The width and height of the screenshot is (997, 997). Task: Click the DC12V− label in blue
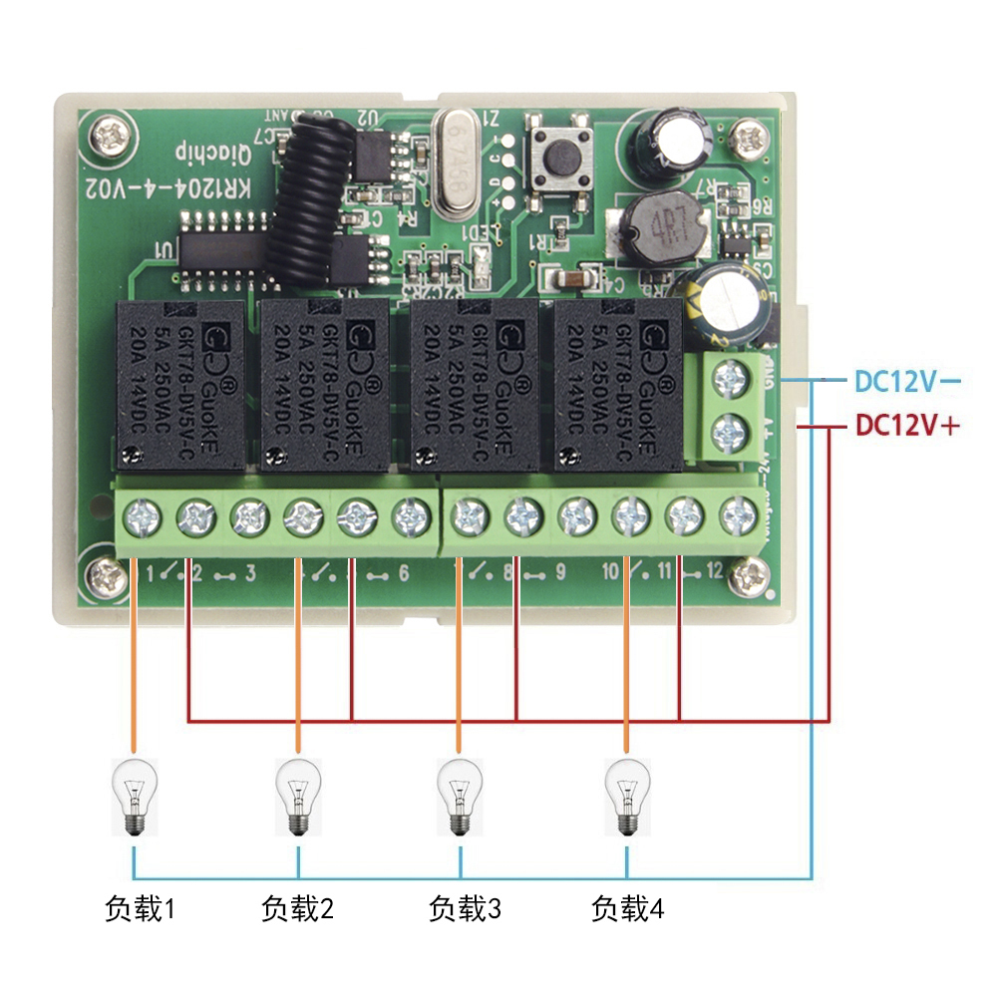pos(907,381)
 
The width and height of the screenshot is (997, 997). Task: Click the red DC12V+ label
pos(907,426)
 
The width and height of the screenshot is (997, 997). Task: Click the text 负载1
pos(140,909)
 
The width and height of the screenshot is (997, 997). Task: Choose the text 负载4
pos(627,909)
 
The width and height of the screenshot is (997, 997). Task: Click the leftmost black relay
pos(179,384)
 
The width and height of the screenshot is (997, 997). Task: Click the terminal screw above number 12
pos(737,515)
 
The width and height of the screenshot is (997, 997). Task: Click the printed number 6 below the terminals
pos(403,573)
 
